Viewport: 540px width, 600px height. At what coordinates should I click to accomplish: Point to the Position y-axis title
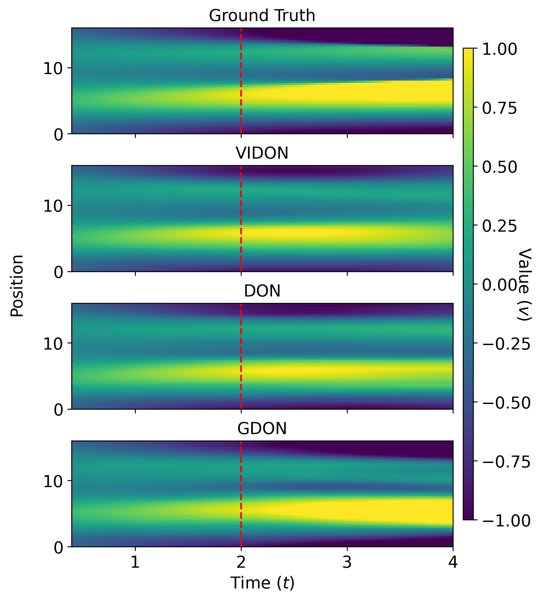17,286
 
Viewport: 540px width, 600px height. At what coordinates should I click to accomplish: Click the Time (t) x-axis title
262,583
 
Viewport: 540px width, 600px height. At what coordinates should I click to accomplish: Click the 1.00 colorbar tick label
500,49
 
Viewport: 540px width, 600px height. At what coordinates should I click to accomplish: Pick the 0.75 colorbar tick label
500,109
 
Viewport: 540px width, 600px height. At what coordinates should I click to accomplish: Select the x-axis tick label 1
135,562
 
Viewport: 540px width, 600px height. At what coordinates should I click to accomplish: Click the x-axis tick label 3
347,562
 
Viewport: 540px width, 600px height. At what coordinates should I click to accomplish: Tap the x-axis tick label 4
452,562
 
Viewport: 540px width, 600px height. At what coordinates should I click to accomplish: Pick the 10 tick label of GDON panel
53,482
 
